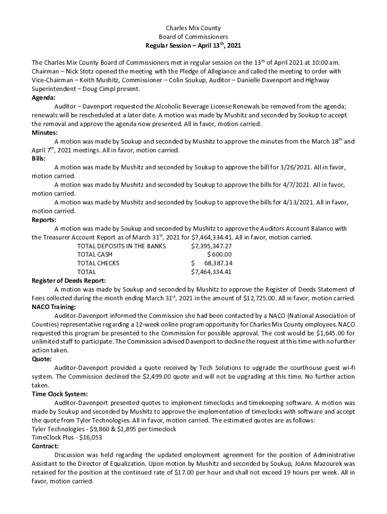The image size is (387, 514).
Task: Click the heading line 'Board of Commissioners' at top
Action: [x=193, y=37]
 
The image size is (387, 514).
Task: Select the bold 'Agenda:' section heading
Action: [x=44, y=98]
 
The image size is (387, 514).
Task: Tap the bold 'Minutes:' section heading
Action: [x=45, y=133]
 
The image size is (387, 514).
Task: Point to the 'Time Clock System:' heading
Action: [x=60, y=394]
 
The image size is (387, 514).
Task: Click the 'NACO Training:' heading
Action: [x=54, y=307]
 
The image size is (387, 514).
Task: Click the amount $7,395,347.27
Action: [x=212, y=246]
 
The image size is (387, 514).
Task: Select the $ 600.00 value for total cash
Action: [x=219, y=254]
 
